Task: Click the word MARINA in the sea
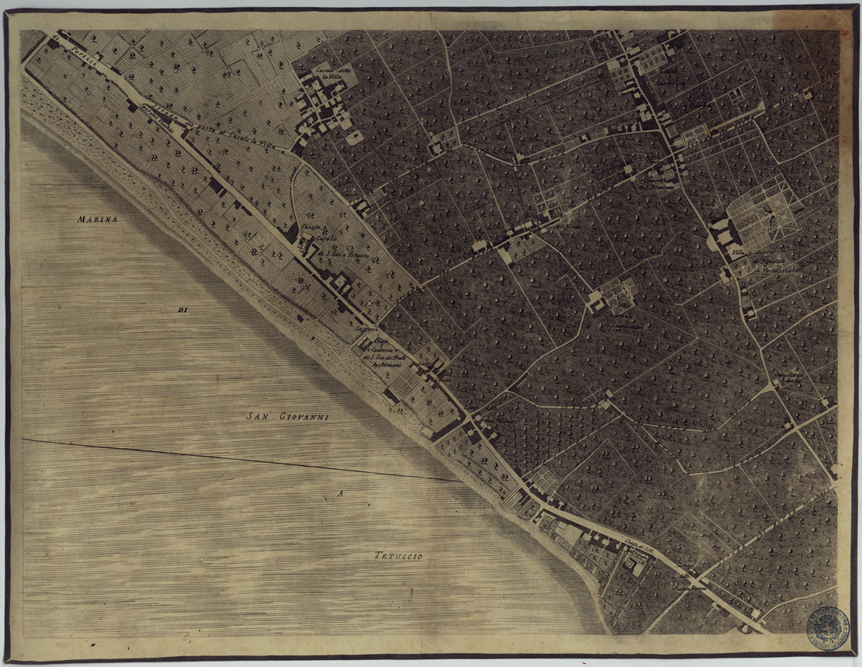coord(96,220)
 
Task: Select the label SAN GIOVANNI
coord(288,417)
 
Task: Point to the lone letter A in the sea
coord(339,494)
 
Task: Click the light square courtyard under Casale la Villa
coord(355,137)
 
